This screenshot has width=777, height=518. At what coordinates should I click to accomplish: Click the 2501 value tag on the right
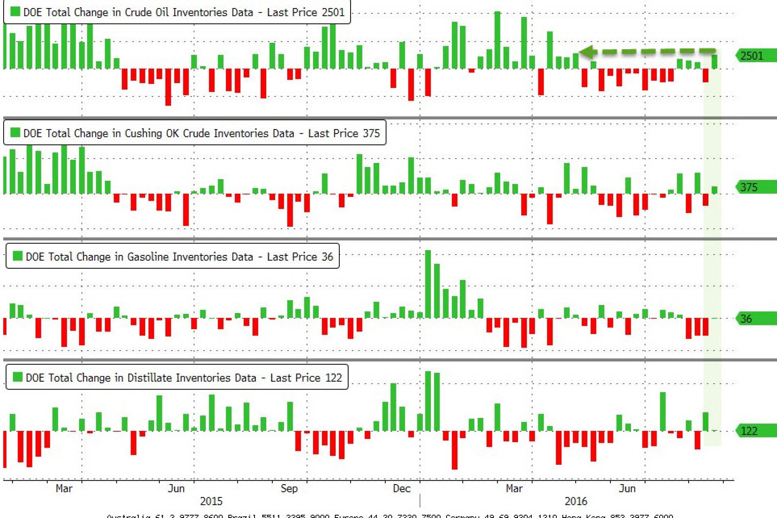click(x=755, y=56)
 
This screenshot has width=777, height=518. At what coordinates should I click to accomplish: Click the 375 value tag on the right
click(x=755, y=187)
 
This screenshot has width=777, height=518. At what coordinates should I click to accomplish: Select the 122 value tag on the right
click(x=755, y=431)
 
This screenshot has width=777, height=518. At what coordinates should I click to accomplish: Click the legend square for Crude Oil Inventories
click(x=15, y=12)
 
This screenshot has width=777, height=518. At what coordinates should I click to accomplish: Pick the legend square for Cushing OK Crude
click(x=15, y=133)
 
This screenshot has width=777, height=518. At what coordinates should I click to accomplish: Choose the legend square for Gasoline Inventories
click(x=18, y=256)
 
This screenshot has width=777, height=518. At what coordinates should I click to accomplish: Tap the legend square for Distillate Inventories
click(x=18, y=377)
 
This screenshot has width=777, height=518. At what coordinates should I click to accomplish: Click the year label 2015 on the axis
click(x=212, y=501)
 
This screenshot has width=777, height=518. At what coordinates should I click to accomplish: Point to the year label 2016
click(x=576, y=501)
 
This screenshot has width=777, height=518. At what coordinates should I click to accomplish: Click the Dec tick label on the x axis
click(x=401, y=488)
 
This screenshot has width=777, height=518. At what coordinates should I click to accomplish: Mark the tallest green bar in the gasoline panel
click(x=428, y=284)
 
